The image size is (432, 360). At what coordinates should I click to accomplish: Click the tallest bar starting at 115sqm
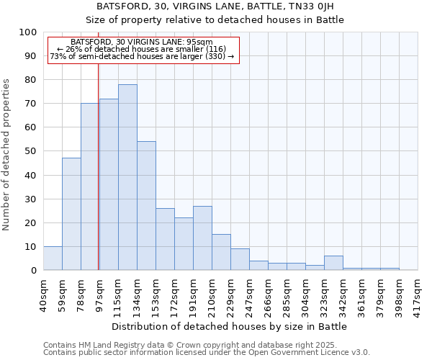[x=127, y=177]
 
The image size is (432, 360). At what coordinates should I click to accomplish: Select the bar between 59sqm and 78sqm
[x=71, y=214]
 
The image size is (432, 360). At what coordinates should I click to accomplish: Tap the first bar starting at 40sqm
[x=53, y=258]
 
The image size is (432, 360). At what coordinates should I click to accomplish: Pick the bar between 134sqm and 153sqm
[x=146, y=206]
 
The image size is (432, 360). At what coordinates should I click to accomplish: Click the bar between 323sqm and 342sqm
[x=333, y=263]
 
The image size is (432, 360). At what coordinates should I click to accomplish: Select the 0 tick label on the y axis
[x=33, y=270]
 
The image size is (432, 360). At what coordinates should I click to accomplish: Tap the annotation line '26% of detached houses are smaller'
[x=142, y=49]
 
